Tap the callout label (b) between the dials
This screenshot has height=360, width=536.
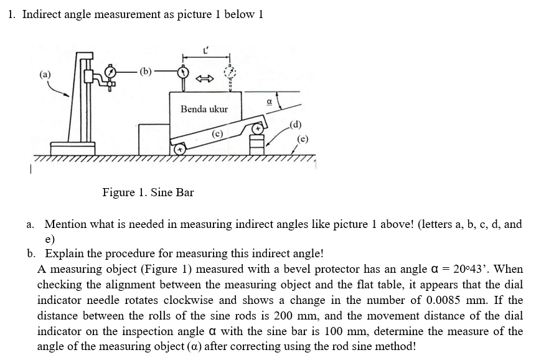coord(144,70)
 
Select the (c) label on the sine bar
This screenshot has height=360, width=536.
coord(217,133)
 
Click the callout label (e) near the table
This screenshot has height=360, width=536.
coord(304,138)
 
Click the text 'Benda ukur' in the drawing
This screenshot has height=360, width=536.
coord(204,109)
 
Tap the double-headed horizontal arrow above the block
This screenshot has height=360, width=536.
coord(205,78)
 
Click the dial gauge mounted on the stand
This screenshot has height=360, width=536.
coord(111,73)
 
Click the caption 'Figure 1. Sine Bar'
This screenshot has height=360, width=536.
coord(148,192)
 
